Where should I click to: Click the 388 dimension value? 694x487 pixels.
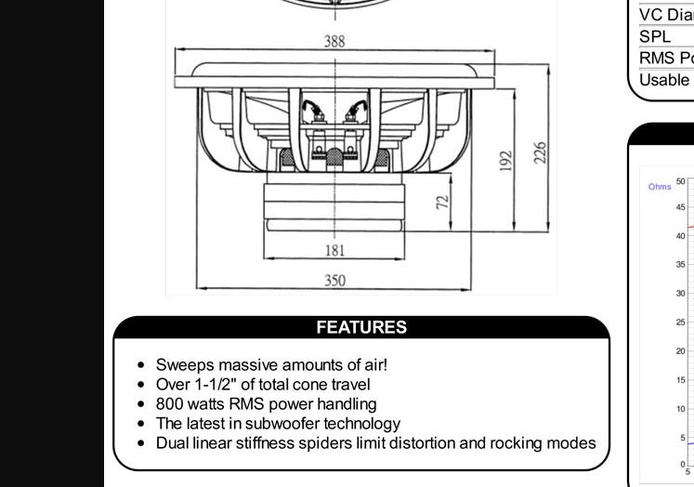coord(334,42)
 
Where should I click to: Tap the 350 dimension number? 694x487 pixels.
coord(334,280)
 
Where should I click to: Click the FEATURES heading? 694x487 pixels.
coord(361,327)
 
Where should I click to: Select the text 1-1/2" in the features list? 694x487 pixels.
coord(216,385)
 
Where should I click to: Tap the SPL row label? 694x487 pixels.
coord(655,37)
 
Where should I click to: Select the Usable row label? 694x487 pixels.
coord(664,80)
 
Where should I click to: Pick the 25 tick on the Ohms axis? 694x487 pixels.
coord(681,322)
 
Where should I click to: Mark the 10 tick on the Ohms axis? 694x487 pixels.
coord(681,409)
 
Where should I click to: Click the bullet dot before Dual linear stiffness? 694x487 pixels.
coord(140,443)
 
